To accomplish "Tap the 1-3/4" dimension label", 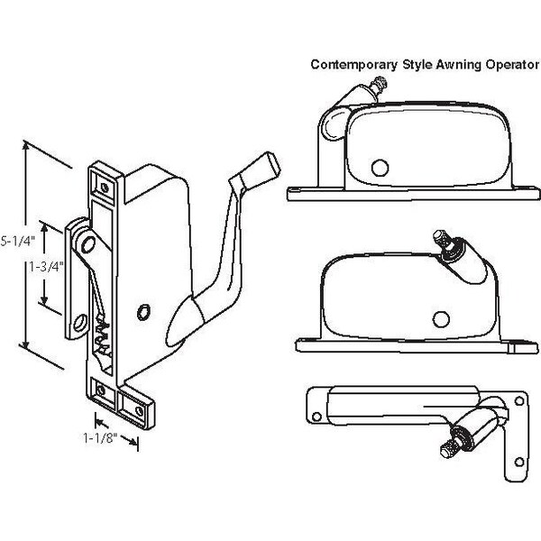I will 44,267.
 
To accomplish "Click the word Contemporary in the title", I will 352,65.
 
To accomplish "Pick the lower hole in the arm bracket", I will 81,320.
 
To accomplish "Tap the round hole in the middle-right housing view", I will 440,317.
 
